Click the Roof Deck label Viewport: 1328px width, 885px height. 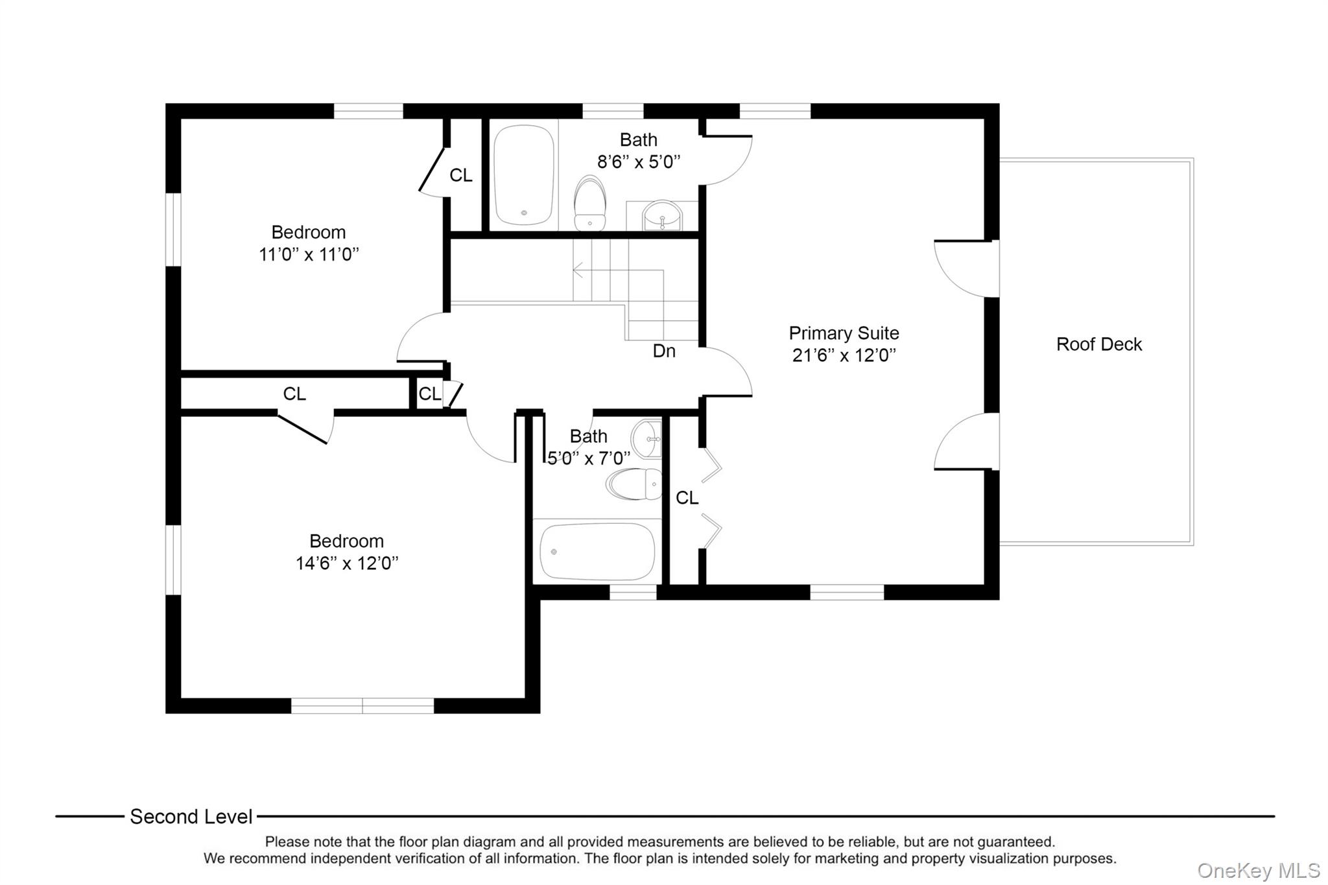click(1098, 344)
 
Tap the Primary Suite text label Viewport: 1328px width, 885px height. click(844, 333)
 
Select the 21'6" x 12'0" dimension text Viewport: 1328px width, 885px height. click(844, 355)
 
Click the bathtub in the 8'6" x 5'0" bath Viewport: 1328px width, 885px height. click(524, 175)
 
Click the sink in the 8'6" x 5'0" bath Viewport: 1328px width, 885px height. click(662, 215)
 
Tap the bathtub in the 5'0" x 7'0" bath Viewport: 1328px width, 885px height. click(597, 551)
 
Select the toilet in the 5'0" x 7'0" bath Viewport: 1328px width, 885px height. click(635, 484)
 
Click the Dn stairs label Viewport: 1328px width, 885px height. click(664, 351)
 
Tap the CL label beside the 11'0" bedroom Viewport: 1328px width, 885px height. click(461, 176)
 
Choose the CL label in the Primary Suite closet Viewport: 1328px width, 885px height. click(687, 498)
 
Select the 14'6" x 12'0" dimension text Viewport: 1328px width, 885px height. click(347, 563)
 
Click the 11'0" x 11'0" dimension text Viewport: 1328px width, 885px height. click(309, 255)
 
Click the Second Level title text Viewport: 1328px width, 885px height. click(191, 817)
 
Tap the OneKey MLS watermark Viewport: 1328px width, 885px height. click(1259, 870)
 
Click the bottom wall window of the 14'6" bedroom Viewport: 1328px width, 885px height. click(362, 706)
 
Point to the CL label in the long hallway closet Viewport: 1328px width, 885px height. click(294, 394)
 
